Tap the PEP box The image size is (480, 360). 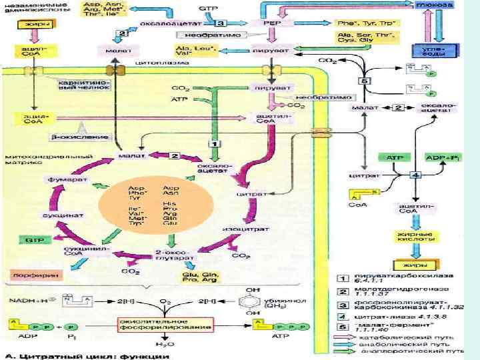[271, 22]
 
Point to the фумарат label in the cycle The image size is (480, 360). [61, 180]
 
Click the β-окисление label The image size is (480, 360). [71, 137]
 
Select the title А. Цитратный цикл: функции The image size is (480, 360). [87, 355]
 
